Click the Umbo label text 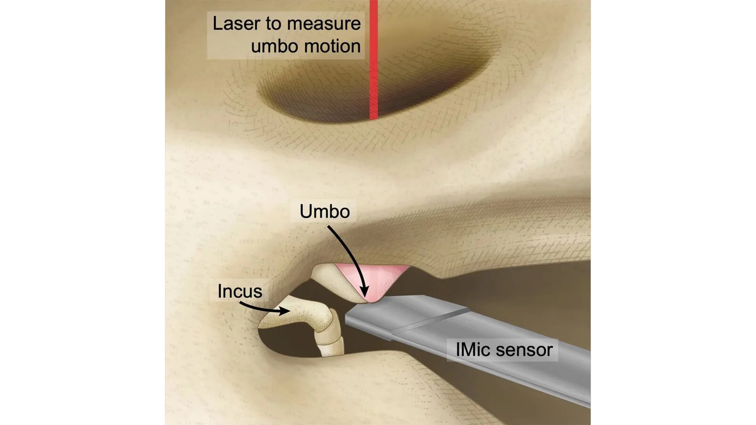coord(324,212)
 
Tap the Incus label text coord(239,292)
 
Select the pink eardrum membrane coord(378,277)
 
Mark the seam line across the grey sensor coord(429,321)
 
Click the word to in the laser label coord(272,24)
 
